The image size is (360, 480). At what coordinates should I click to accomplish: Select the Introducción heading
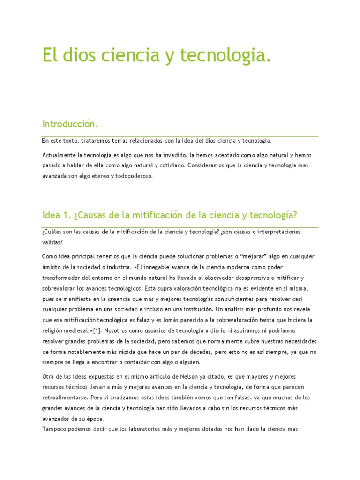[70, 124]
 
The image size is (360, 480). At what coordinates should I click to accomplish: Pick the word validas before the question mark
[51, 242]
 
